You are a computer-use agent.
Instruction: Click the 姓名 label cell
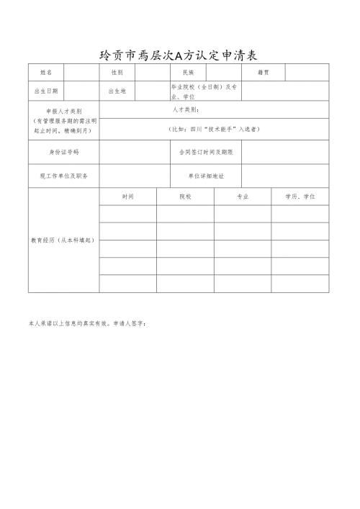tap(45, 73)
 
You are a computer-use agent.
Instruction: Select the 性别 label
tap(117, 73)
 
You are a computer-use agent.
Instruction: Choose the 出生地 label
tap(117, 91)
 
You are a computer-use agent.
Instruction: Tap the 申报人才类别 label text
tap(63, 112)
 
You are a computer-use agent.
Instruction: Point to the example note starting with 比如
tap(214, 129)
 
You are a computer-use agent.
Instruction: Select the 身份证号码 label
tap(63, 153)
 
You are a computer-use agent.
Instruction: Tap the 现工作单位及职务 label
tap(63, 176)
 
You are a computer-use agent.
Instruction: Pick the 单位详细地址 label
tap(206, 176)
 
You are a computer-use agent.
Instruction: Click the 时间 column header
tap(127, 196)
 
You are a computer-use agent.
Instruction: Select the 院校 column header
tap(185, 196)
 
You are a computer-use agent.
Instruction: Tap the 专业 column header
tap(243, 196)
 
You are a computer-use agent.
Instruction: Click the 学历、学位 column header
tap(300, 196)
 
